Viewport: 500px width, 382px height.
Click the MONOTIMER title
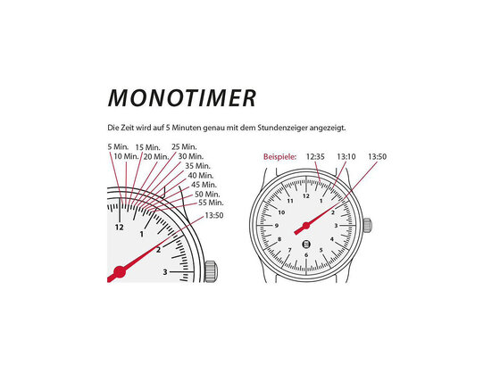[x=182, y=97]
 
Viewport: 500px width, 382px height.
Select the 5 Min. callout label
[x=118, y=147]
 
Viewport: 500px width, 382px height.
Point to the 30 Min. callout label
[x=191, y=156]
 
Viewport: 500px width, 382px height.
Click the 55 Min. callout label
[x=211, y=203]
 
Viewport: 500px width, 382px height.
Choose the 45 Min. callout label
[x=204, y=185]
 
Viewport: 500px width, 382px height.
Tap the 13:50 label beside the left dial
[x=214, y=216]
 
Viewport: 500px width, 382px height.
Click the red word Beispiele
[x=279, y=157]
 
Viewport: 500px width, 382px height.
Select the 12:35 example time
[x=315, y=157]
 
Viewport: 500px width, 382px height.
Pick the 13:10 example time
[x=346, y=157]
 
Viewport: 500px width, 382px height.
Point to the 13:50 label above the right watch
[x=377, y=157]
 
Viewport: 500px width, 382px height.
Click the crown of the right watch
[x=368, y=226]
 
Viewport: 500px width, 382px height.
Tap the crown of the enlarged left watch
[x=211, y=271]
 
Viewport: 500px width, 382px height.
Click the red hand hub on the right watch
[x=306, y=226]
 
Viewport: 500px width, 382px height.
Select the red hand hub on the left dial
[x=120, y=271]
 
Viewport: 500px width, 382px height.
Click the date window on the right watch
[x=306, y=245]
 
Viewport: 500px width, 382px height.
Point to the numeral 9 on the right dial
[x=277, y=226]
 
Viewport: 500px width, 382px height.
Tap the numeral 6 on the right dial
[x=306, y=254]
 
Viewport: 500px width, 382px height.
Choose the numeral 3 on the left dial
[x=165, y=272]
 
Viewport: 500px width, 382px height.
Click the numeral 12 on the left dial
[x=120, y=228]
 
